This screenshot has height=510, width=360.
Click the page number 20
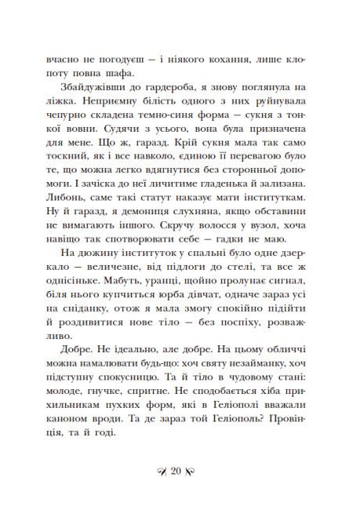pos(180,471)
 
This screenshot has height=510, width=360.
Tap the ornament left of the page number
pos(162,471)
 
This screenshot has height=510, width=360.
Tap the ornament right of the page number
pos(198,471)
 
